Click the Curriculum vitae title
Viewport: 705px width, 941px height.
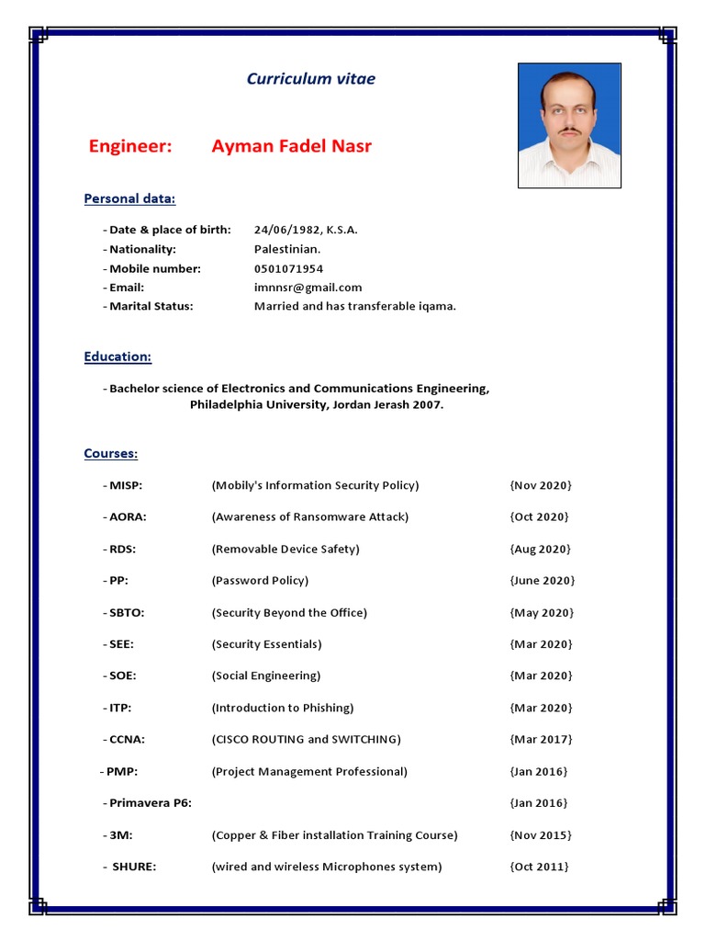310,79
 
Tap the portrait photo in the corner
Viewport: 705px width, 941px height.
569,126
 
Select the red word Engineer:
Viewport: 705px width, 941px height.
130,147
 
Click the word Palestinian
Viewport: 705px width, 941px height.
287,249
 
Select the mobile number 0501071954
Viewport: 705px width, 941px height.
288,268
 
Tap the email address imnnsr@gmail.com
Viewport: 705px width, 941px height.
308,288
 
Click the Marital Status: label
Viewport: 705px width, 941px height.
151,306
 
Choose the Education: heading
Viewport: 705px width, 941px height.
117,357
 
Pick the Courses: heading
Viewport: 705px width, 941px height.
111,454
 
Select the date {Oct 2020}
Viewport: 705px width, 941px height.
539,516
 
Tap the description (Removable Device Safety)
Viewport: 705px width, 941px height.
285,549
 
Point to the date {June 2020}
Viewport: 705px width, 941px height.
542,581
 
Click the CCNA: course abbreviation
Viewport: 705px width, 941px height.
127,740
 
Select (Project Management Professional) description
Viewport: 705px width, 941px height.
309,771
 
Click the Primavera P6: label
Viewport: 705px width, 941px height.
151,803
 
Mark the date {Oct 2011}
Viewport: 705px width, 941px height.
539,867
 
